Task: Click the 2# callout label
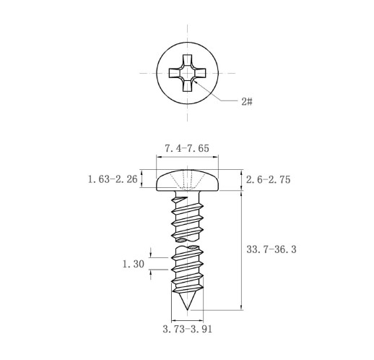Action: [x=247, y=102]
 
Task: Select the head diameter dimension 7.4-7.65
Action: [x=187, y=148]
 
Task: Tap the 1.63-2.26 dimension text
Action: [x=113, y=179]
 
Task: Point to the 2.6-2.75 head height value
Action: [x=268, y=180]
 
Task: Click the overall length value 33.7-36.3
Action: [x=271, y=249]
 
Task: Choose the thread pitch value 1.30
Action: [x=134, y=264]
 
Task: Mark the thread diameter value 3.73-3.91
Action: [x=188, y=329]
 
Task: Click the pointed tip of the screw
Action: [x=187, y=309]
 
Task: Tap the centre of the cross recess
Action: [x=187, y=73]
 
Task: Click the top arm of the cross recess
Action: [x=187, y=60]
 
